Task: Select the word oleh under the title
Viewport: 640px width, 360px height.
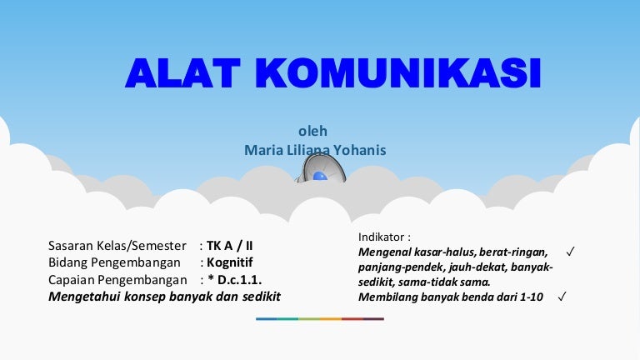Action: [312, 131]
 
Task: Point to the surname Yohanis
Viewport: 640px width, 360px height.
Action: [360, 150]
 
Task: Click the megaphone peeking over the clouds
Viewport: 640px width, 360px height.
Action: [321, 169]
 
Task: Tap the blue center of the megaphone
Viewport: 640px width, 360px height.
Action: [320, 176]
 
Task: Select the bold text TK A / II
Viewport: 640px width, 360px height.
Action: [229, 246]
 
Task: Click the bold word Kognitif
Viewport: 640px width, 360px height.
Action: [230, 262]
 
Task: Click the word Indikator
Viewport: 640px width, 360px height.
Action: [381, 237]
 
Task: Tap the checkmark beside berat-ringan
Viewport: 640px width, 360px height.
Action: [570, 252]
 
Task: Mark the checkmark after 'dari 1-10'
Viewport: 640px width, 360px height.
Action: [562, 297]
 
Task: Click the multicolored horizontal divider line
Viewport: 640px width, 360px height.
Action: [320, 319]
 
